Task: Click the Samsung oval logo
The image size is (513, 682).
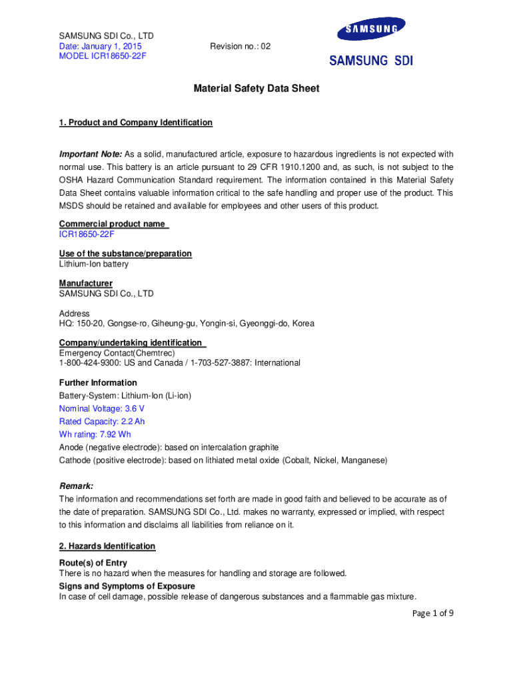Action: tap(371, 30)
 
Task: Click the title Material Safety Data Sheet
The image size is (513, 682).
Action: tap(256, 88)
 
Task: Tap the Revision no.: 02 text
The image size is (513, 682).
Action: tap(240, 46)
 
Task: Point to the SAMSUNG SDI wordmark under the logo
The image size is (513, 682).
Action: tap(371, 61)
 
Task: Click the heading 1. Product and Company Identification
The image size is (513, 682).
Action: tap(136, 123)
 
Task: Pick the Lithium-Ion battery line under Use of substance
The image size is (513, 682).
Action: tap(94, 264)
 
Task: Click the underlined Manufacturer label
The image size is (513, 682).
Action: tap(85, 283)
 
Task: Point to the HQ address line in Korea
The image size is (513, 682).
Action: tap(187, 324)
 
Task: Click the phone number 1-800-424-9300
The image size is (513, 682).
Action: tap(90, 363)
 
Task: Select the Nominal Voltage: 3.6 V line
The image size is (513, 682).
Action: tap(102, 408)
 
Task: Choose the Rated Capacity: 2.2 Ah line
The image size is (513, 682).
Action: tap(102, 422)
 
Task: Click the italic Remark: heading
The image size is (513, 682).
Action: tap(76, 486)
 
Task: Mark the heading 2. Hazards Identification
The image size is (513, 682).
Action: tap(107, 546)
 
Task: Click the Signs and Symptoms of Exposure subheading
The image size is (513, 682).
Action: tap(127, 586)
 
